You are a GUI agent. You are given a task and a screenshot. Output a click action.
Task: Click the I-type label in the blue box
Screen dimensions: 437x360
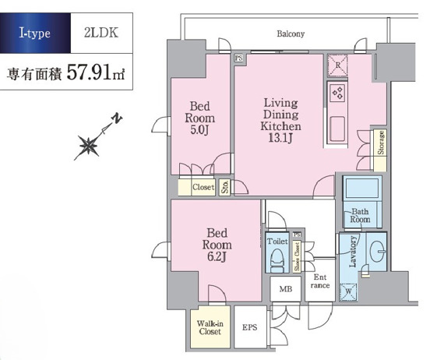pos(34,34)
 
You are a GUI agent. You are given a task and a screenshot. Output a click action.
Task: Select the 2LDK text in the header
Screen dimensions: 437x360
pos(101,33)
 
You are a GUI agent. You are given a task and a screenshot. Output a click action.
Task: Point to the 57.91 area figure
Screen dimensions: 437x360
pos(88,72)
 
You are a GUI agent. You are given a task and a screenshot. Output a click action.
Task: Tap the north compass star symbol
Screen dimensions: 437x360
pos(89,146)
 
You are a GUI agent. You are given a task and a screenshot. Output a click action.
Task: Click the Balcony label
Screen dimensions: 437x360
pos(291,34)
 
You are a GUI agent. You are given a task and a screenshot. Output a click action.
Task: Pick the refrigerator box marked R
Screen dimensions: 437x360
pos(337,65)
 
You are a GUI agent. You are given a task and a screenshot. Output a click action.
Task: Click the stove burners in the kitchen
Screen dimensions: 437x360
pos(337,92)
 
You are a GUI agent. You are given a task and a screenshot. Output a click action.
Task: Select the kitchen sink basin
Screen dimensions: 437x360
pos(337,129)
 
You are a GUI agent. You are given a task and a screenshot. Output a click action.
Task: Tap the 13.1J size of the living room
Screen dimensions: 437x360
pos(280,138)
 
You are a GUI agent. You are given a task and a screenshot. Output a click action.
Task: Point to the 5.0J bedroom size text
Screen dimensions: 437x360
pos(199,130)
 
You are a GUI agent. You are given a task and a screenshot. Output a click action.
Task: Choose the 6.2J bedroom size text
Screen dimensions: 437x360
pos(217,257)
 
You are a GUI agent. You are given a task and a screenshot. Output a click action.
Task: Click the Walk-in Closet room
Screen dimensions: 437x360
pos(210,327)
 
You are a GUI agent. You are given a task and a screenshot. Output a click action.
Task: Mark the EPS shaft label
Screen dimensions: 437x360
pos(250,327)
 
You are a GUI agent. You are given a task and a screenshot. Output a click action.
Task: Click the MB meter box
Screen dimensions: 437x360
pos(286,289)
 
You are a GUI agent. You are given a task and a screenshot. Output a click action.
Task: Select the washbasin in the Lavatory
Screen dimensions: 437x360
pos(378,251)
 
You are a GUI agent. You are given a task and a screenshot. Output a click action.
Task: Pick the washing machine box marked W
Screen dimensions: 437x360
pos(348,292)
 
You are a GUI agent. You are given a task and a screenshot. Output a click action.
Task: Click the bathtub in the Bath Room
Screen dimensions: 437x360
pos(361,189)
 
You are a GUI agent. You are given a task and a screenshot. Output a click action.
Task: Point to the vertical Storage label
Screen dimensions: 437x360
pos(381,143)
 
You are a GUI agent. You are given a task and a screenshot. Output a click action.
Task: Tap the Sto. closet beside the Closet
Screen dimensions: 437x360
pos(224,187)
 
